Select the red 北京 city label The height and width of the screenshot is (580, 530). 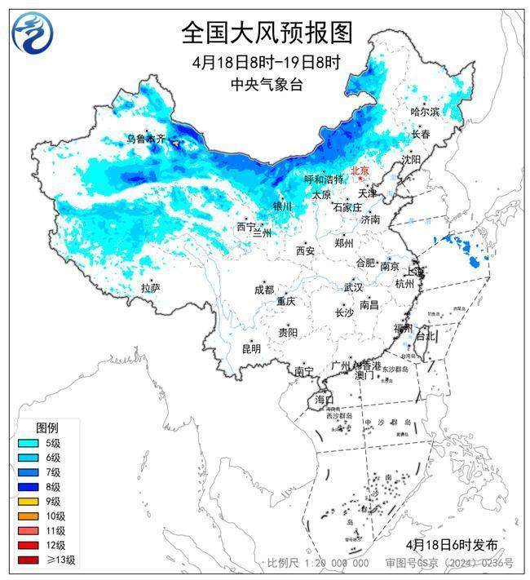coord(360,170)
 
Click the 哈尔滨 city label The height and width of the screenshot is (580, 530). coord(424,111)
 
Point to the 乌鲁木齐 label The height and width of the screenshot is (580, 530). coord(145,139)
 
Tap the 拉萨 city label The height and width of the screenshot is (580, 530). coord(150,288)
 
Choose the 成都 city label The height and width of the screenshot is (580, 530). coord(263,290)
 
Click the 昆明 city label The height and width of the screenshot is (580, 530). coord(250,348)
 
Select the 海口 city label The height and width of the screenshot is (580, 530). coord(325,400)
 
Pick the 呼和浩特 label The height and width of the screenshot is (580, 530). coord(324,179)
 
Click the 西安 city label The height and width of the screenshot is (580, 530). coord(305,251)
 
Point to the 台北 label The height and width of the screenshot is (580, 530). coord(426,335)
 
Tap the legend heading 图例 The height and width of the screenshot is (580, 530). coord(46,427)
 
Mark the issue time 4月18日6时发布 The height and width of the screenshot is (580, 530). coord(451,544)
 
